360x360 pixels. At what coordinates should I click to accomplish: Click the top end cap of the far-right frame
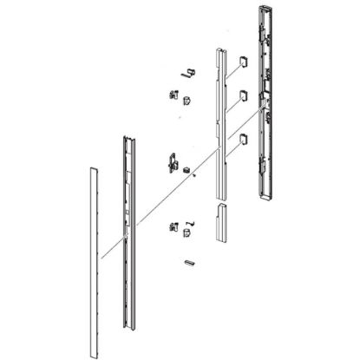click(x=266, y=10)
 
